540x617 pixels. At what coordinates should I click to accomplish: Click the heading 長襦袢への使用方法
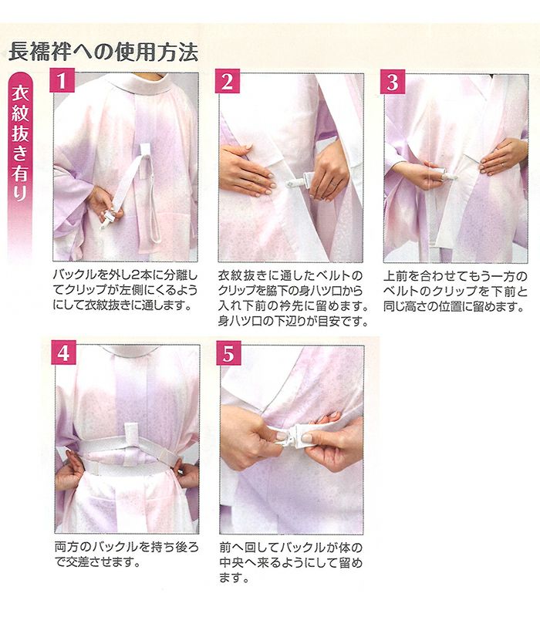(103, 52)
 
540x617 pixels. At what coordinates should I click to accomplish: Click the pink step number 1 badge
(62, 80)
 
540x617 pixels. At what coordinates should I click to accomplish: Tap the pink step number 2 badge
(227, 81)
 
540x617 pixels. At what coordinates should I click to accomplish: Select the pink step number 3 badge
(393, 82)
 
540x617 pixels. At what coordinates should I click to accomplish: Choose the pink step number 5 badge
(228, 353)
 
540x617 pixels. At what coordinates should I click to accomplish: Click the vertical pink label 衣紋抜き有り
(20, 143)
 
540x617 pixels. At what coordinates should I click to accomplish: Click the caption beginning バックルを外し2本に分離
(125, 290)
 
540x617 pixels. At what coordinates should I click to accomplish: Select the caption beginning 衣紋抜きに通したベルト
(294, 298)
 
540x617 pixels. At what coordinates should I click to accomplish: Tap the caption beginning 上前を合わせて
(455, 292)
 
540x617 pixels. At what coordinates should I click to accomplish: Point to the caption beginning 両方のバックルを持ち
(127, 555)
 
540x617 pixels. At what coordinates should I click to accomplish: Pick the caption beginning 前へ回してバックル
(291, 563)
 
